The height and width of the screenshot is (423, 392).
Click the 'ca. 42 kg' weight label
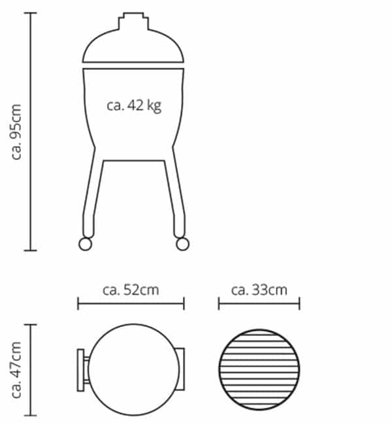coord(134,105)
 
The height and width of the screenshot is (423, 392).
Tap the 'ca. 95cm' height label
coord(16,132)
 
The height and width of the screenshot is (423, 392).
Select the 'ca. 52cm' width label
coord(131,290)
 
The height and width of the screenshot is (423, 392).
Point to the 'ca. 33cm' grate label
coord(259,290)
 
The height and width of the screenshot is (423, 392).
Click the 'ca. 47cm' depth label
coord(16,370)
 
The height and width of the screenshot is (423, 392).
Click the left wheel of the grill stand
coord(85,244)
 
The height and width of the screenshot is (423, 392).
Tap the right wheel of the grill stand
coord(182,244)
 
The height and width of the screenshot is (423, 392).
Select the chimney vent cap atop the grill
coord(133,21)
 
